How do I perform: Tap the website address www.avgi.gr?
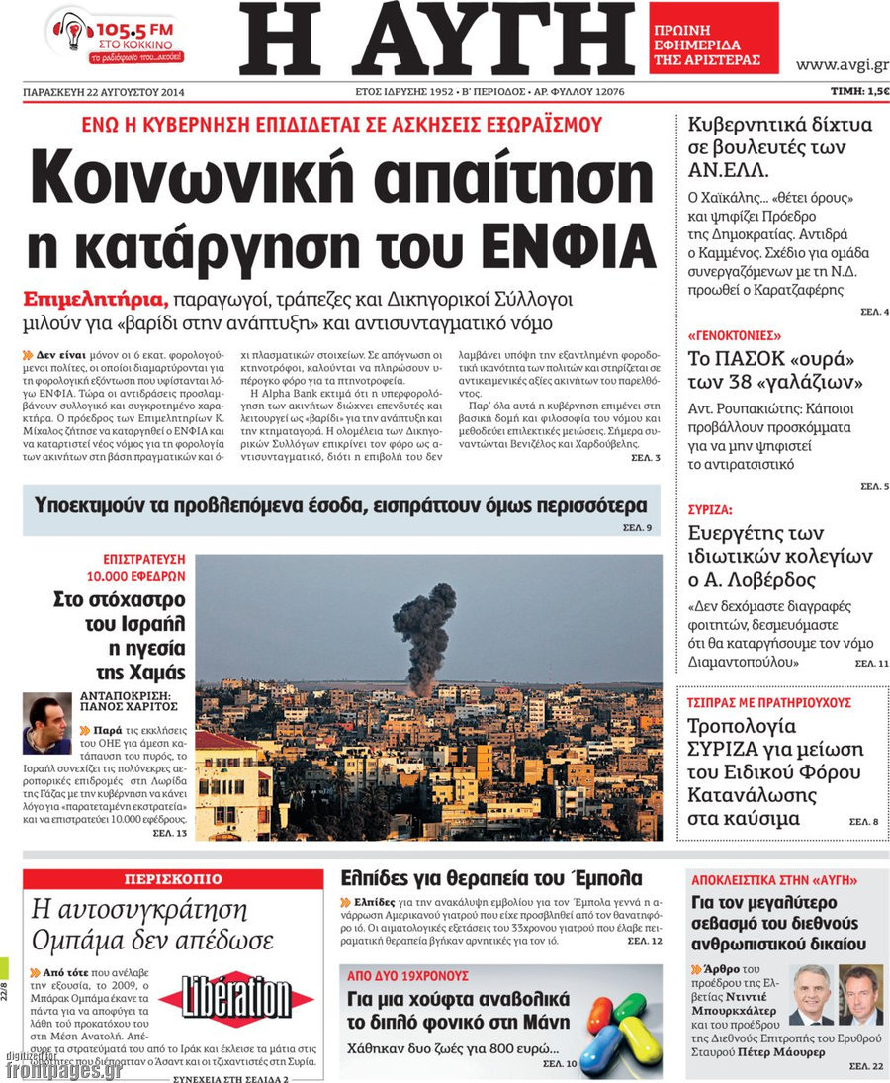[841, 65]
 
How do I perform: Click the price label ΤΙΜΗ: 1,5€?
[858, 92]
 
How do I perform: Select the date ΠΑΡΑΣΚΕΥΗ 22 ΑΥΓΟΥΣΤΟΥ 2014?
[105, 93]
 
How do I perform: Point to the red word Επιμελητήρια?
[96, 300]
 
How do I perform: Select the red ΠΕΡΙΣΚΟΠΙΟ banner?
[173, 879]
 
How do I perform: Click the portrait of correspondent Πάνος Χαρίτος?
[46, 724]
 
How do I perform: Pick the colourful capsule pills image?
[619, 1024]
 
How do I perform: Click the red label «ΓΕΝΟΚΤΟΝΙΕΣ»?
[735, 335]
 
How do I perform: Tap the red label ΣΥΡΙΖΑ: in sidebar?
[710, 511]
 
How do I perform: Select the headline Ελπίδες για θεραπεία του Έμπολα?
[490, 878]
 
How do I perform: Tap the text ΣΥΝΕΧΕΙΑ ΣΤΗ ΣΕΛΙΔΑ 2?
[230, 1078]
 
